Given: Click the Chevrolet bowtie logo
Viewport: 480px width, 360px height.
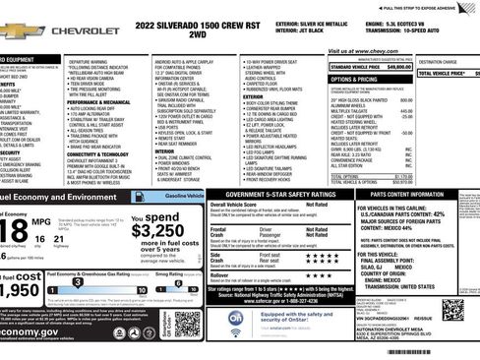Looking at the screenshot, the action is (x=12, y=31).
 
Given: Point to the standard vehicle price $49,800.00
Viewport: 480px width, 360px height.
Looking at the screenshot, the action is (x=392, y=66).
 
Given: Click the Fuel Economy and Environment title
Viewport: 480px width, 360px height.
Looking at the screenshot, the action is (x=59, y=197).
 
